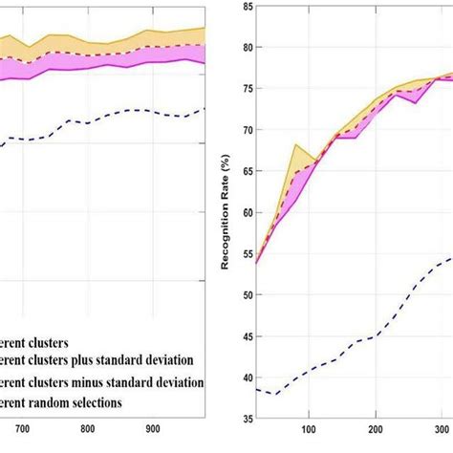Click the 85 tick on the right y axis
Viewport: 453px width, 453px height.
tap(247, 7)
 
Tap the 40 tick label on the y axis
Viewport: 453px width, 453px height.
tap(247, 377)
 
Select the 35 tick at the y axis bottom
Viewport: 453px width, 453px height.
tap(247, 418)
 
